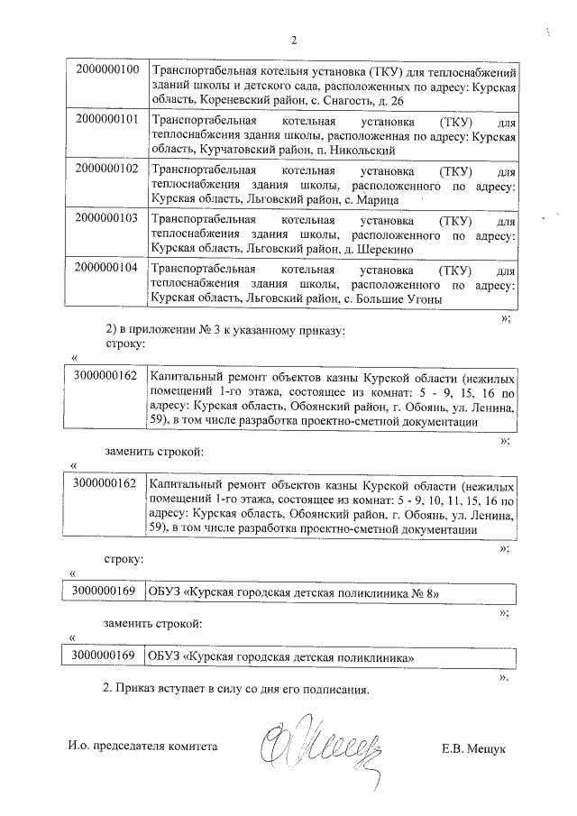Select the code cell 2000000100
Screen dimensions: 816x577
[106, 69]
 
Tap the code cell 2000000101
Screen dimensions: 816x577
[106, 119]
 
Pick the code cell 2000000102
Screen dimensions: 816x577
[106, 169]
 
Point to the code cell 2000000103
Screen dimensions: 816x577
[106, 218]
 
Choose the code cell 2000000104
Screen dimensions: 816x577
[106, 268]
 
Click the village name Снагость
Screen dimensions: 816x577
[344, 102]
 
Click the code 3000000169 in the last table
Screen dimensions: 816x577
[105, 657]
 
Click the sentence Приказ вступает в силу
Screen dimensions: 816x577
[236, 690]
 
